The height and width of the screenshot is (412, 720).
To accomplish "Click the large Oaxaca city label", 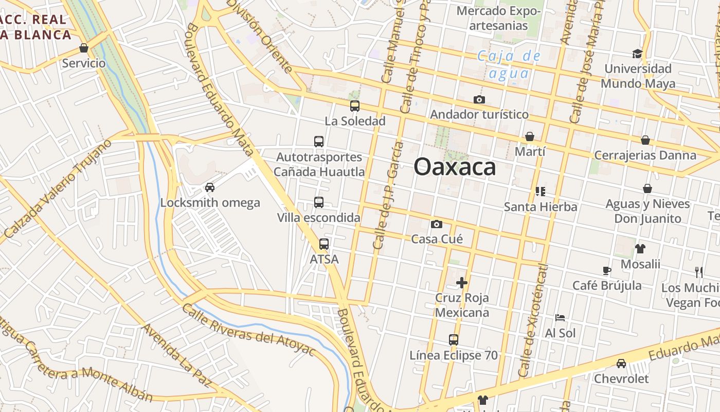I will coord(455,167).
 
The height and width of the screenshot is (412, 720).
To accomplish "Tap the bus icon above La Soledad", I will coord(355,107).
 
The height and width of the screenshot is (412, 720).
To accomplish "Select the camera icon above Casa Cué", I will coord(437,224).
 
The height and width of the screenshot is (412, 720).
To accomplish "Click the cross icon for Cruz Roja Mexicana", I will coord(462,282).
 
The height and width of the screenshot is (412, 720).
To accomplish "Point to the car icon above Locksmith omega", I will coord(210,187).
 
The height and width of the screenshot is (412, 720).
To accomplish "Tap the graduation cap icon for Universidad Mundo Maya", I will coord(637,54).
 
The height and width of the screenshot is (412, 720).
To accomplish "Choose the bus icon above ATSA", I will coord(324,244).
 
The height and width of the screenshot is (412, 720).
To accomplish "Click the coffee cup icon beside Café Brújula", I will coord(607,270).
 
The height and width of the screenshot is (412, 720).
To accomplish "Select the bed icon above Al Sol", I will coord(560,318).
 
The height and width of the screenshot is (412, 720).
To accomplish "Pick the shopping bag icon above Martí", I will coord(530,136).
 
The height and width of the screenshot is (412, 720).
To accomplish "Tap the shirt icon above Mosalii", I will coord(640,249).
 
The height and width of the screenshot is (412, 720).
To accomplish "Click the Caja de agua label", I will coord(509,64).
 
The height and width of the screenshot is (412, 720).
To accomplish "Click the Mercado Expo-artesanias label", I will coord(499,18).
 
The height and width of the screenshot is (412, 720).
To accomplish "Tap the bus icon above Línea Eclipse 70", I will coord(454,340).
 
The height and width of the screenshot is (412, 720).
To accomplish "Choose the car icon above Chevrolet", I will coord(621,364).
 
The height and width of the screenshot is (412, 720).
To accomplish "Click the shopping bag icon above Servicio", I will coord(84,48).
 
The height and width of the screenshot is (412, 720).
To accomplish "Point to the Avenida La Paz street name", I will coord(176,356).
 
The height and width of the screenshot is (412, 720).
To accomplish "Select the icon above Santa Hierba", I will coord(540,192).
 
